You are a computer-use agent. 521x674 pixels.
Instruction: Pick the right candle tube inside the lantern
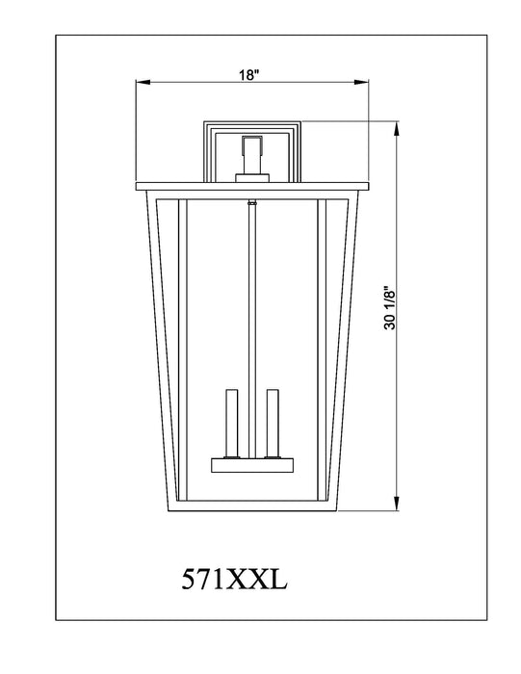click(273, 423)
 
